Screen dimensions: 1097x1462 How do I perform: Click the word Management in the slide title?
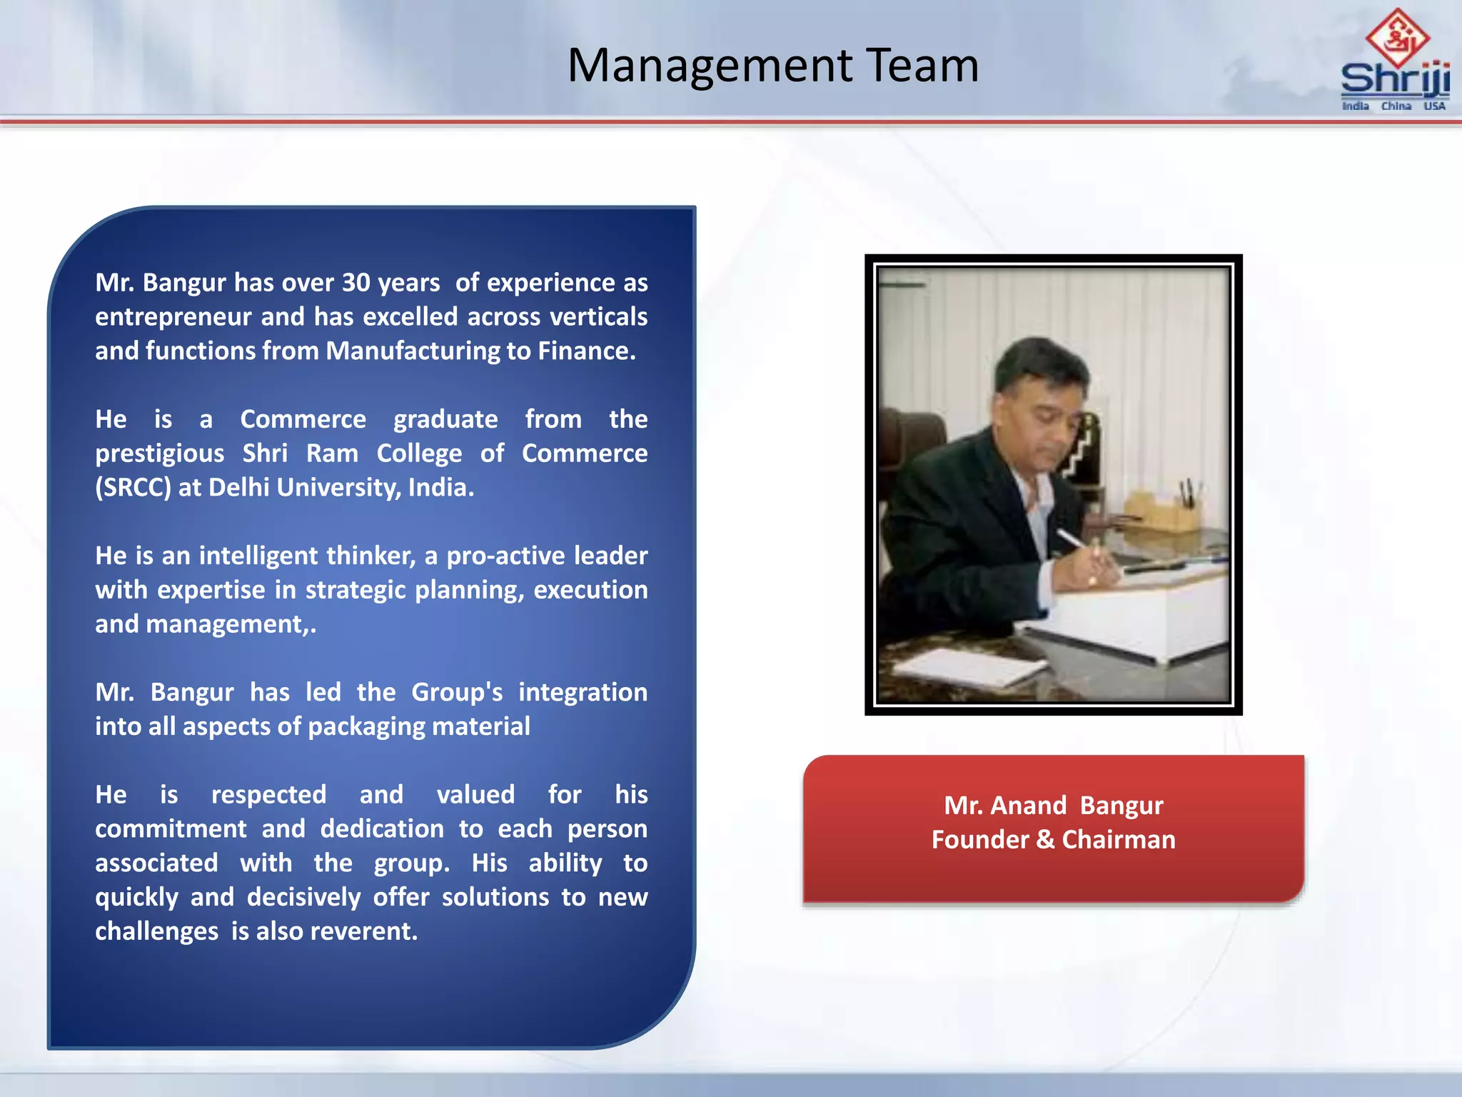point(710,66)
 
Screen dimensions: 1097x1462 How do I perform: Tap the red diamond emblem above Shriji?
point(1397,37)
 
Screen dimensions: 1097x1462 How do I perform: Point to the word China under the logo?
point(1396,106)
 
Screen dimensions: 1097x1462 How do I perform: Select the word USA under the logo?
point(1434,106)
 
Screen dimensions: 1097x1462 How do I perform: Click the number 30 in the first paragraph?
point(356,283)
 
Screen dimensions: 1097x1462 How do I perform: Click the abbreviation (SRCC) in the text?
point(133,488)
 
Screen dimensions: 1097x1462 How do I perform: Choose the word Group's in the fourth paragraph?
point(457,693)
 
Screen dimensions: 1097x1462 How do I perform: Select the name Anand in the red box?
point(1028,806)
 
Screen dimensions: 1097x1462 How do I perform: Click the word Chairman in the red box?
point(1118,840)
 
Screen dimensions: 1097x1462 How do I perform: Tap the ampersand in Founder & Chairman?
point(1045,840)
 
